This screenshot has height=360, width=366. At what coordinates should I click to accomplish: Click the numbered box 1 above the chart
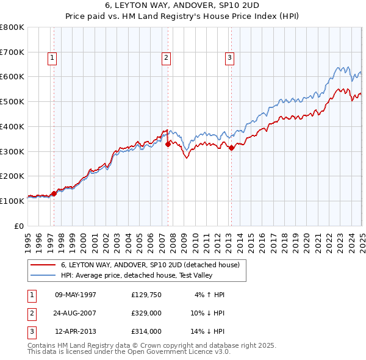point(52,58)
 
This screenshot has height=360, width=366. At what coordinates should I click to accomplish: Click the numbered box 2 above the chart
point(166,58)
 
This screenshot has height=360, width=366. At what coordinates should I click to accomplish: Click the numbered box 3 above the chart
point(229,58)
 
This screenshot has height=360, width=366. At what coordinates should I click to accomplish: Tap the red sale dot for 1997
point(54,193)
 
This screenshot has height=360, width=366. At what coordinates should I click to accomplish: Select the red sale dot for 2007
point(168,144)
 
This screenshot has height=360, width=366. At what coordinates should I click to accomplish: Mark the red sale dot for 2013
point(231,148)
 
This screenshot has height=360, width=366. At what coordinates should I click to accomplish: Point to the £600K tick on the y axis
point(13,77)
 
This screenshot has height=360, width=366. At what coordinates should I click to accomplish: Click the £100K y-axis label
point(13,201)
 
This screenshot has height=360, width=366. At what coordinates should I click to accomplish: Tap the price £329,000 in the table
point(146,313)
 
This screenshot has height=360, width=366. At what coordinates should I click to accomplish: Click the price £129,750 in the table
point(146,295)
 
